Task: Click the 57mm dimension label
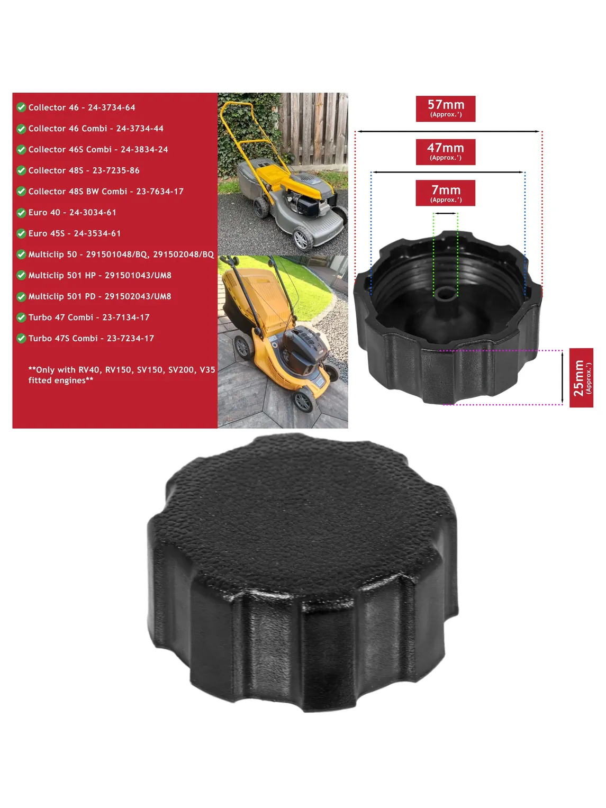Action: click(446, 108)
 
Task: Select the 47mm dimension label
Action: click(446, 152)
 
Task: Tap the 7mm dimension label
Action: click(446, 193)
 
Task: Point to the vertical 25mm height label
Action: click(581, 377)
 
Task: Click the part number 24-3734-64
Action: click(111, 107)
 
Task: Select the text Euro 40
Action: click(44, 212)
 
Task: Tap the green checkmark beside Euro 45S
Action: click(21, 233)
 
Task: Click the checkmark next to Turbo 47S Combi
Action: click(21, 338)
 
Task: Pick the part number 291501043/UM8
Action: click(138, 275)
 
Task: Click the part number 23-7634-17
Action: click(160, 192)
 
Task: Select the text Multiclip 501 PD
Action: click(62, 296)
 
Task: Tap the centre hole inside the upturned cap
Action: click(446, 294)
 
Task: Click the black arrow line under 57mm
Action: click(448, 131)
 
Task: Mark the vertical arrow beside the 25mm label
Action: click(562, 377)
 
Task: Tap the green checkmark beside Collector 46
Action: click(21, 107)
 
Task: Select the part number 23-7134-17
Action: click(126, 317)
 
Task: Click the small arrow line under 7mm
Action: click(446, 213)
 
